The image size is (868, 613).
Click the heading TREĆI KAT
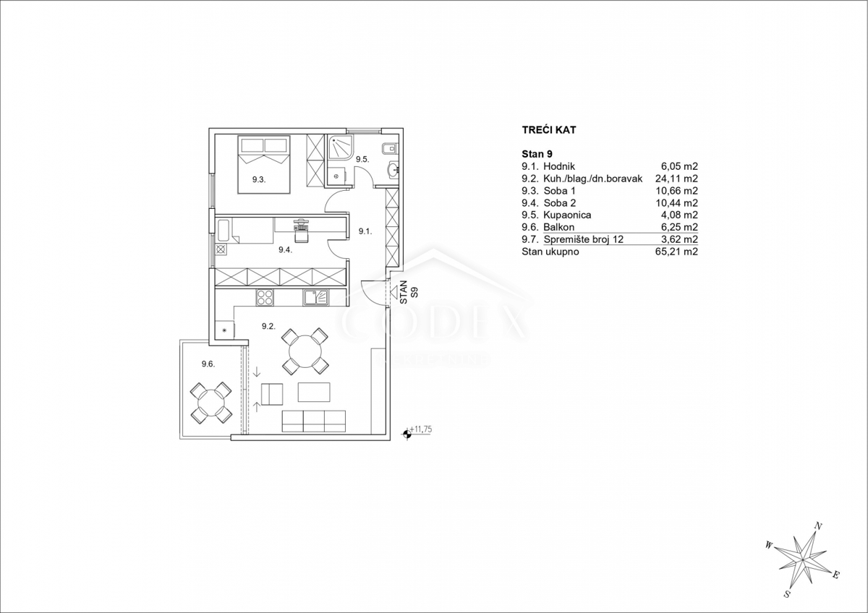pos(549,130)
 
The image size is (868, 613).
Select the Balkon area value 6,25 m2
pos(679,227)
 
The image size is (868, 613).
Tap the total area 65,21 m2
pos(676,252)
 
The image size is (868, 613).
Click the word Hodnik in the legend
pos(559,166)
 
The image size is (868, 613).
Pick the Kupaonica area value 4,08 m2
pos(679,215)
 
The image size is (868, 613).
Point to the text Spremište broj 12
pos(584,239)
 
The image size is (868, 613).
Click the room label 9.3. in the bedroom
pos(259,180)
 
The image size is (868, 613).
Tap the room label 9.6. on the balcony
pos(208,364)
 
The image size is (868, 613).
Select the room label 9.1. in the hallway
pos(365,231)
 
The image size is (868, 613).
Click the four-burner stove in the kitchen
pos(265,298)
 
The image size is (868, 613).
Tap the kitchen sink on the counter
pos(316,298)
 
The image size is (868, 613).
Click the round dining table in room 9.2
pos(305,351)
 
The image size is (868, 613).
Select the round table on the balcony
pos(211,403)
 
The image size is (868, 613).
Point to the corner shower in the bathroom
pos(341,148)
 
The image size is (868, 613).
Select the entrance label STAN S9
pos(409,292)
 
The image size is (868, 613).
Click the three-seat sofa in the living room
pos(313,421)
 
